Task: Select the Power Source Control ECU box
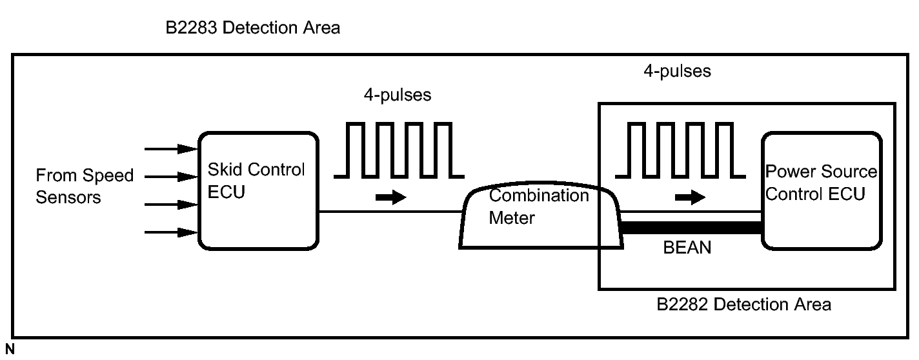[821, 190]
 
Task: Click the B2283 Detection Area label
[252, 28]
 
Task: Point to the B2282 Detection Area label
[743, 304]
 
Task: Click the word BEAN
[687, 247]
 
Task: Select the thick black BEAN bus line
[691, 227]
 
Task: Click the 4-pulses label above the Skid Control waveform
[397, 95]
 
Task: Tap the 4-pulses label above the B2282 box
[676, 71]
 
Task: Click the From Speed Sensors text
[76, 186]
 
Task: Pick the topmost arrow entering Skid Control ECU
[171, 149]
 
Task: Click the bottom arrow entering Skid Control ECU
[171, 232]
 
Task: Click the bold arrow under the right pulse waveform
[689, 198]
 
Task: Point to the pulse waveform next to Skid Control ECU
[398, 149]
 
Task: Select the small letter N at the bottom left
[10, 349]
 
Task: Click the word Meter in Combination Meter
[511, 217]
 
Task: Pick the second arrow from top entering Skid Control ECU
[171, 175]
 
